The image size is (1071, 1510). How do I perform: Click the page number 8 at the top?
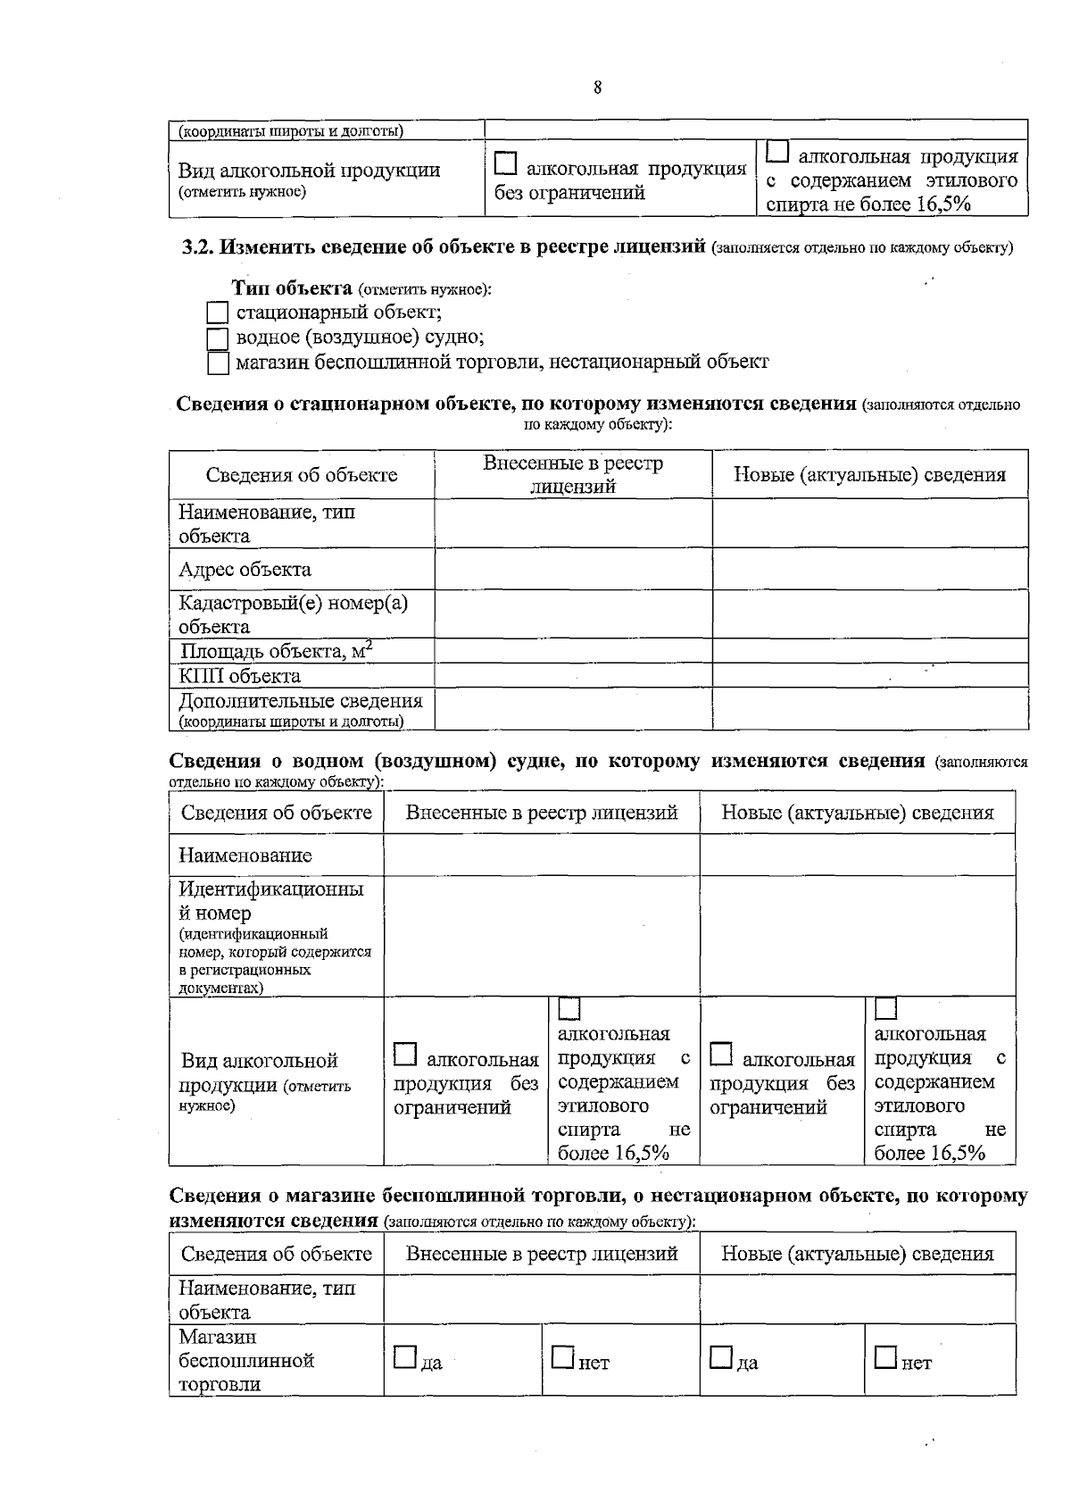pos(597,88)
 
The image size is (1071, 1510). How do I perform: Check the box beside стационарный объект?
pos(218,313)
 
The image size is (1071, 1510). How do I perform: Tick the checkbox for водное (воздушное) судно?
pos(218,338)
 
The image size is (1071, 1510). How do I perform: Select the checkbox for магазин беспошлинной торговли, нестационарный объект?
pos(218,363)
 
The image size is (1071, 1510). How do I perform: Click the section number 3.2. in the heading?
pos(199,246)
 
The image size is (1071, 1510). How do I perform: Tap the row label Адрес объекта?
pos(245,570)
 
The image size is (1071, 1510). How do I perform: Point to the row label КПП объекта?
pos(239,676)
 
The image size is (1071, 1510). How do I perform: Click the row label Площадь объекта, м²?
pos(275,651)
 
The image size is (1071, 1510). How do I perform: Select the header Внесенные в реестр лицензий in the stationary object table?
pos(573,474)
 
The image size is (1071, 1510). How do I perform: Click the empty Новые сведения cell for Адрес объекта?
pos(869,570)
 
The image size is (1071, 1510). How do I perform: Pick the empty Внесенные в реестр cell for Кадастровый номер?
pos(573,614)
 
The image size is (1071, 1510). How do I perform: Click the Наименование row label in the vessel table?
pos(245,855)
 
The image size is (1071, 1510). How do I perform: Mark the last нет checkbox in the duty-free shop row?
pos(884,1357)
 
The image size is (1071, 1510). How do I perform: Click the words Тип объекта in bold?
pos(292,288)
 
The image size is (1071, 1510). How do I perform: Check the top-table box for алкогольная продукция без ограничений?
pos(506,164)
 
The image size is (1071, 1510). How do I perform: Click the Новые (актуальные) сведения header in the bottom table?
pos(857,1254)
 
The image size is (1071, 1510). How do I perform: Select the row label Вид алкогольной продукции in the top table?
pos(309,171)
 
